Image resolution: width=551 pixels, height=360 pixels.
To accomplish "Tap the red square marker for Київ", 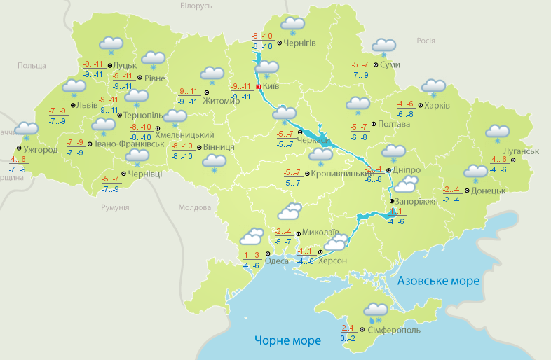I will tap(259, 87).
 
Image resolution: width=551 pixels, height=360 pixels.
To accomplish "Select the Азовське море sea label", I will tap(438, 281).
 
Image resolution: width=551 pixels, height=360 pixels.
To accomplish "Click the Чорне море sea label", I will tap(287, 340).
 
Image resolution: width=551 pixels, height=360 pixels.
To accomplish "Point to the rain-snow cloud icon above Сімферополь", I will tap(376, 310).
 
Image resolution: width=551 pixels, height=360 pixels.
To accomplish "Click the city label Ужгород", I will tap(40, 150).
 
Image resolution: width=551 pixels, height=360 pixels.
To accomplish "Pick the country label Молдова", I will tap(194, 208).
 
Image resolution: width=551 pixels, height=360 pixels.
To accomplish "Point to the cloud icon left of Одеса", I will tap(251, 236).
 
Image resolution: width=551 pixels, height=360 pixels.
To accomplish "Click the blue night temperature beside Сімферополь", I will tap(348, 338).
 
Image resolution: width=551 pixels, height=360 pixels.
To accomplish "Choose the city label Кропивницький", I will tap(339, 172).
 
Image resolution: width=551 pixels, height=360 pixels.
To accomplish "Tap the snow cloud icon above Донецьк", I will tap(475, 172).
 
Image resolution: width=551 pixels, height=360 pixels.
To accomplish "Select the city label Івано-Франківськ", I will tap(130, 144).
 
